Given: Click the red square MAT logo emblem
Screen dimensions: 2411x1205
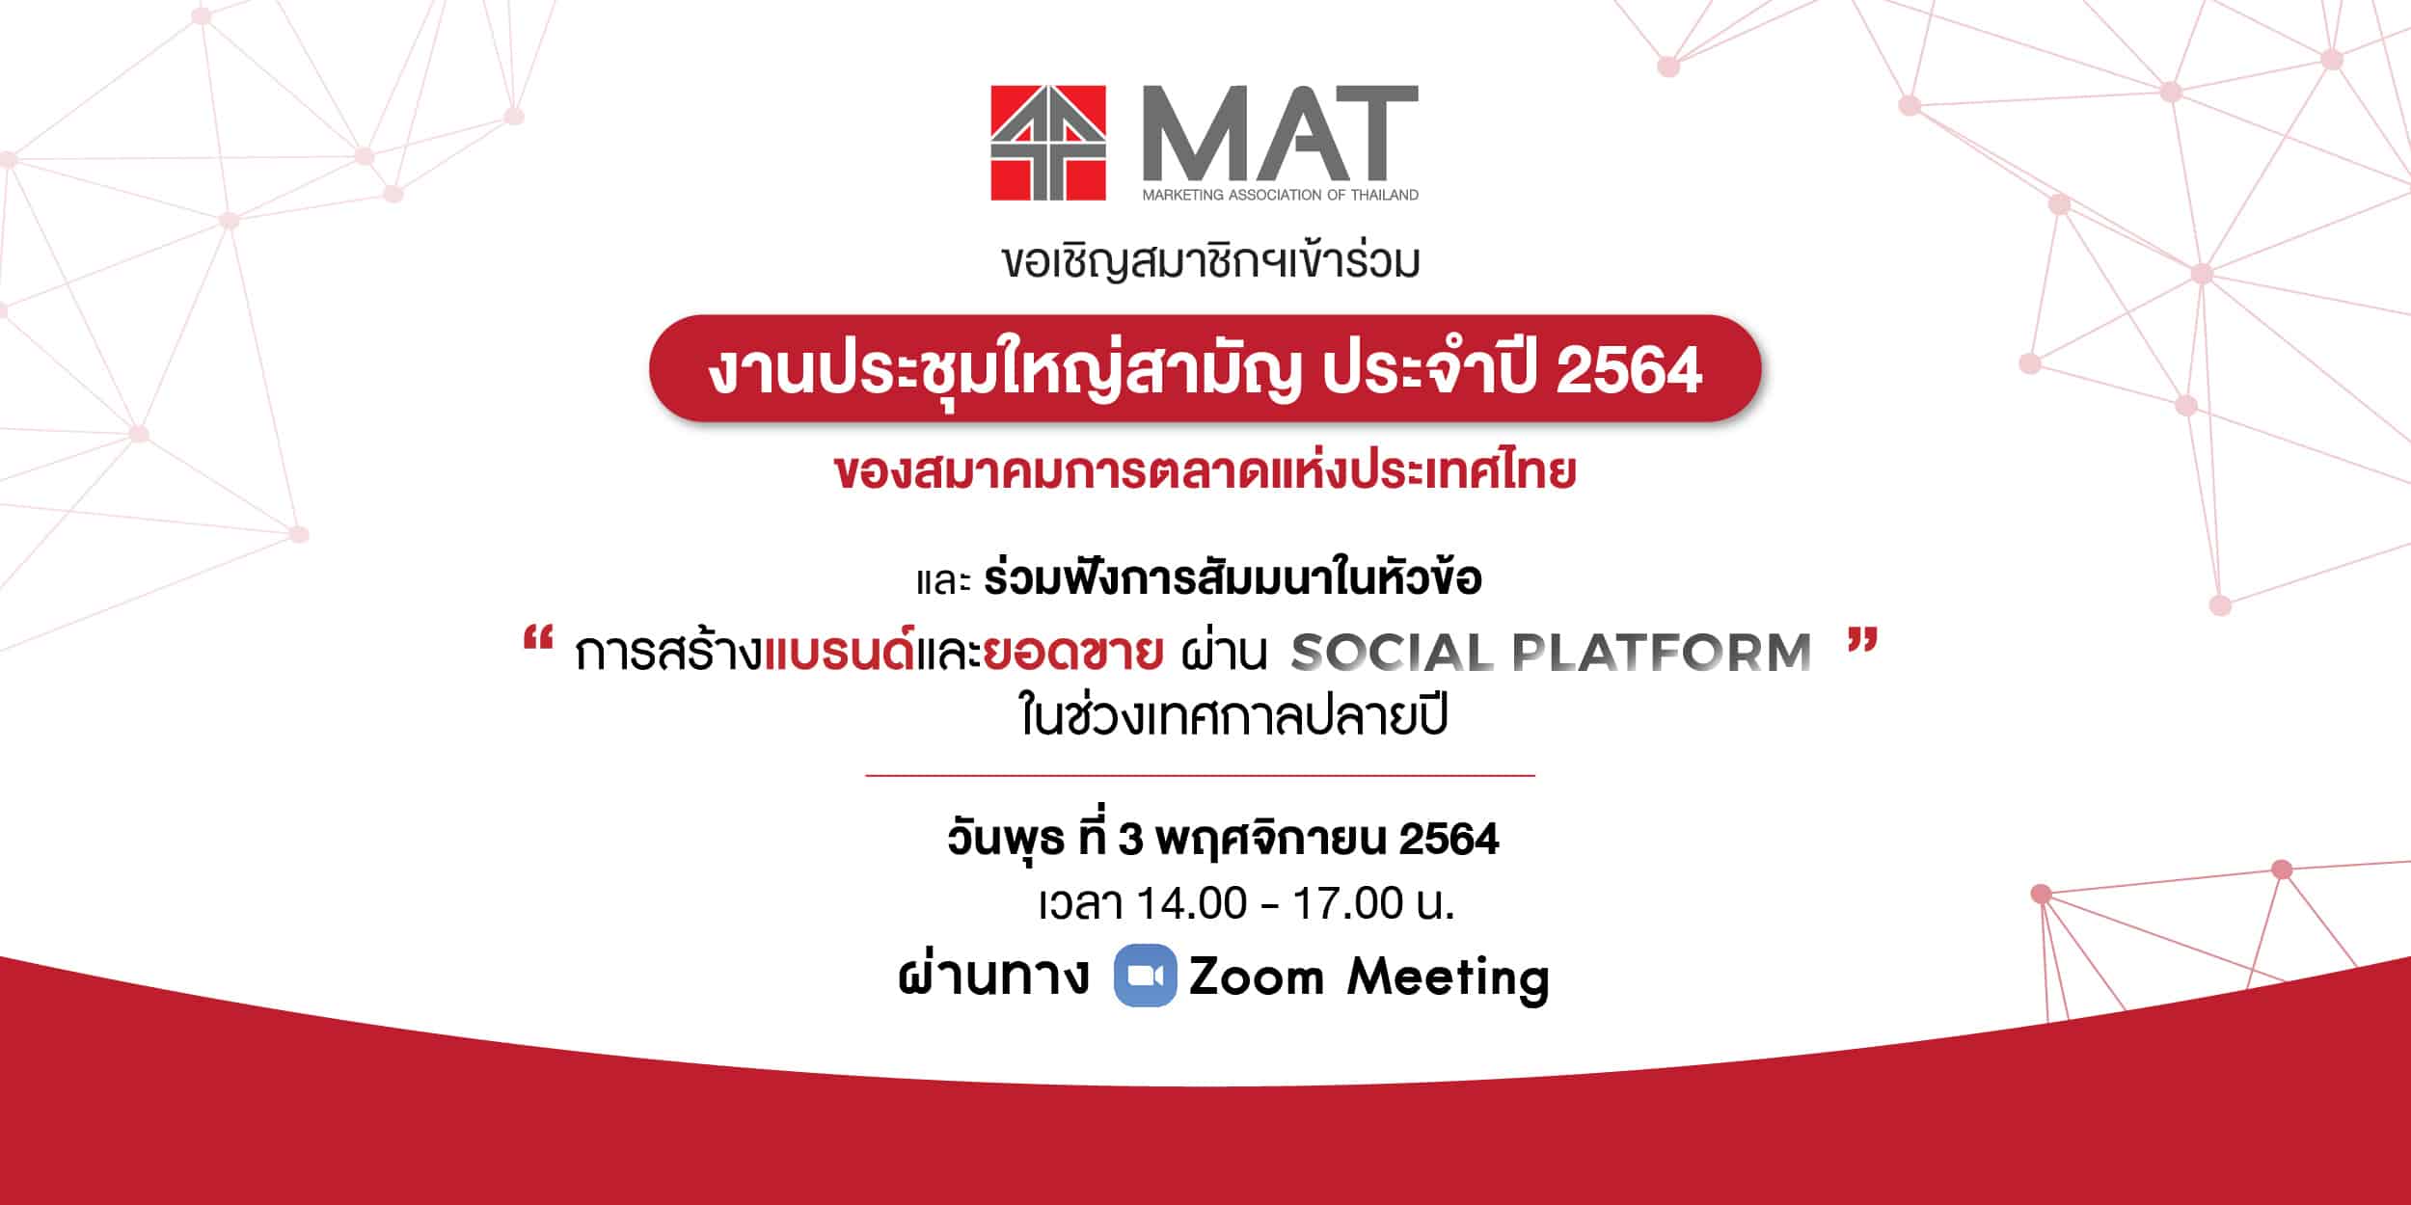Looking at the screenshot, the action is (1048, 143).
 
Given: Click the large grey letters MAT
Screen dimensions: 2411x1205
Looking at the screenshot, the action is (1281, 134).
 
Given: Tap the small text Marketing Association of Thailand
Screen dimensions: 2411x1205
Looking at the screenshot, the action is (1281, 195).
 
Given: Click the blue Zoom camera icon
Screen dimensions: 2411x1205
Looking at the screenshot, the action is (1145, 976).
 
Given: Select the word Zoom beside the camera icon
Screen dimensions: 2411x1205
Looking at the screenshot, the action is (1257, 977).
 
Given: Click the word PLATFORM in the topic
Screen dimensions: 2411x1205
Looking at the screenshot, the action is (1662, 654).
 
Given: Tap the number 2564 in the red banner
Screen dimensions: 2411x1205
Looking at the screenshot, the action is (1629, 370).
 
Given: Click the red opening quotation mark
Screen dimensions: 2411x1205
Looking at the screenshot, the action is (537, 641).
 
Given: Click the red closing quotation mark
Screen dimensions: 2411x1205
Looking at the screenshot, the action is (1864, 641).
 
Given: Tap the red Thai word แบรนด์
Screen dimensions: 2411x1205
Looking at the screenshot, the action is (839, 651).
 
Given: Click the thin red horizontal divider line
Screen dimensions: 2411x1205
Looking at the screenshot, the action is (1200, 775).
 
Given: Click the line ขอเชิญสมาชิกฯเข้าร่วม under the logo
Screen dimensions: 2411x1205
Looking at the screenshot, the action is (1211, 260).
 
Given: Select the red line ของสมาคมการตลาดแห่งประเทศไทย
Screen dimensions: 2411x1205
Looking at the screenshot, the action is (1205, 472).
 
